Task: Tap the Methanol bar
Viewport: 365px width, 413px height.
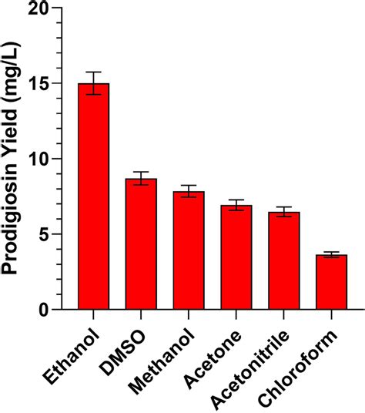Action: [189, 250]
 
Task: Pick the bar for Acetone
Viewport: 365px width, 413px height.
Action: [236, 257]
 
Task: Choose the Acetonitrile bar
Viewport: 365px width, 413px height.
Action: [283, 260]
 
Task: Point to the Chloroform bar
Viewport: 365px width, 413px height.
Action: [331, 282]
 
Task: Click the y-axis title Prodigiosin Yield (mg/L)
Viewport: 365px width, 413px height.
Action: [13, 159]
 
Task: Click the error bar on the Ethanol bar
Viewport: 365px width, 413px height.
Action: [93, 83]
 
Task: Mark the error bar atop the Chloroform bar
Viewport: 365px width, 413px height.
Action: [331, 254]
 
